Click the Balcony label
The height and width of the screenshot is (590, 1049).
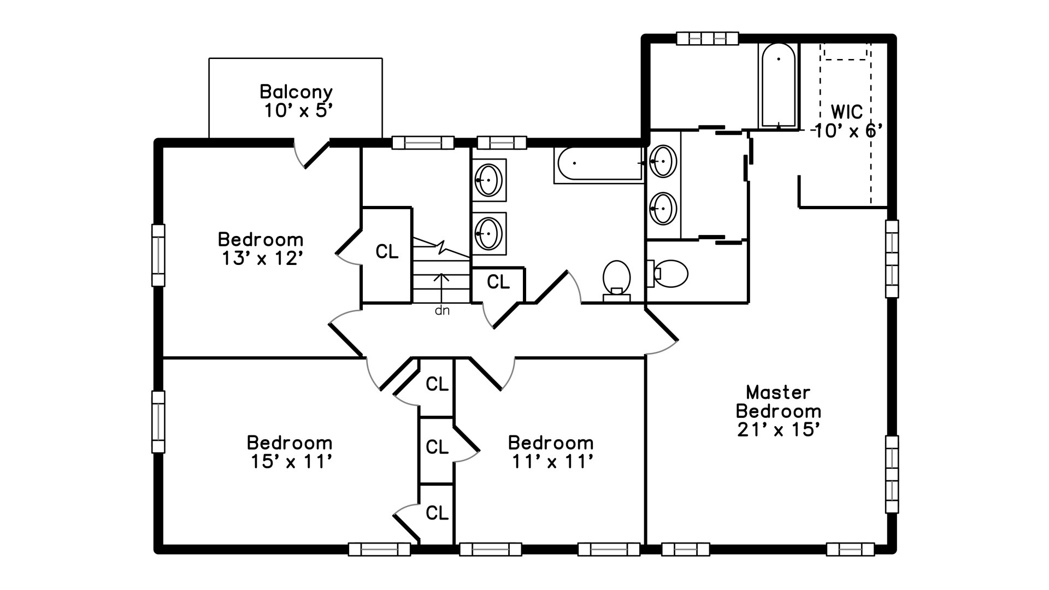pyautogui.click(x=296, y=91)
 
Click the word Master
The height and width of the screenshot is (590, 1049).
pyautogui.click(x=778, y=392)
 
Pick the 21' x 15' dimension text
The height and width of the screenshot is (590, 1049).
pyautogui.click(x=778, y=430)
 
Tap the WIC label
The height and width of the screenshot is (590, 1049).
pyautogui.click(x=847, y=112)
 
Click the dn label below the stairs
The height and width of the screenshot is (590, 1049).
pyautogui.click(x=442, y=311)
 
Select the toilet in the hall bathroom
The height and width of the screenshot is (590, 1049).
pyautogui.click(x=617, y=280)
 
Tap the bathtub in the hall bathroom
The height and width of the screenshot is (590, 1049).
pyautogui.click(x=599, y=163)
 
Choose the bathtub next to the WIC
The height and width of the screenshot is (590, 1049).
pyautogui.click(x=779, y=85)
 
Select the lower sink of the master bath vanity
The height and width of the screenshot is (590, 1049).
pyautogui.click(x=662, y=208)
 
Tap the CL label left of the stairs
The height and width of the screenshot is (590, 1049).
pyautogui.click(x=387, y=252)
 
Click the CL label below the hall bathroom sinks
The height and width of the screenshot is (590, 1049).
pyautogui.click(x=498, y=282)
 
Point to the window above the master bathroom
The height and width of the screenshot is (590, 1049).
pyautogui.click(x=708, y=38)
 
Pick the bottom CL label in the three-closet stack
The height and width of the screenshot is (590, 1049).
pyautogui.click(x=437, y=513)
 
